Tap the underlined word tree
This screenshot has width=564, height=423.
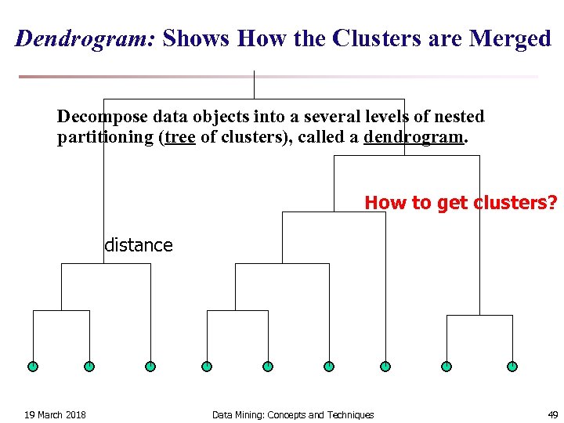180,137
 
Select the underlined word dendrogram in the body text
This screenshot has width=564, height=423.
414,137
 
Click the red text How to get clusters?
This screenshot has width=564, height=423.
461,203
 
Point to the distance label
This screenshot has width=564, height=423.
139,245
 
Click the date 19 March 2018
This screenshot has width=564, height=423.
55,414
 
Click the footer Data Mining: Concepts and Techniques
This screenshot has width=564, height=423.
293,414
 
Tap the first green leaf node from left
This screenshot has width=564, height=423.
33,366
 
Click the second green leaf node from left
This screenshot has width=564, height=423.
89,366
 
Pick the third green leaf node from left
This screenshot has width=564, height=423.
150,366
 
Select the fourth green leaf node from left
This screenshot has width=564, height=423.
207,366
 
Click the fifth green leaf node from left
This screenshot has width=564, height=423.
268,366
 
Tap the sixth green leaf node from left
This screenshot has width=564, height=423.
329,366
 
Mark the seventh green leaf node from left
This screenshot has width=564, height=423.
385,366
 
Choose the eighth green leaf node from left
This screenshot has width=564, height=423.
446,366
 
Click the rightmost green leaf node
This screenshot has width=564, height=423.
512,366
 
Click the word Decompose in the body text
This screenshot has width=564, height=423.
102,117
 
